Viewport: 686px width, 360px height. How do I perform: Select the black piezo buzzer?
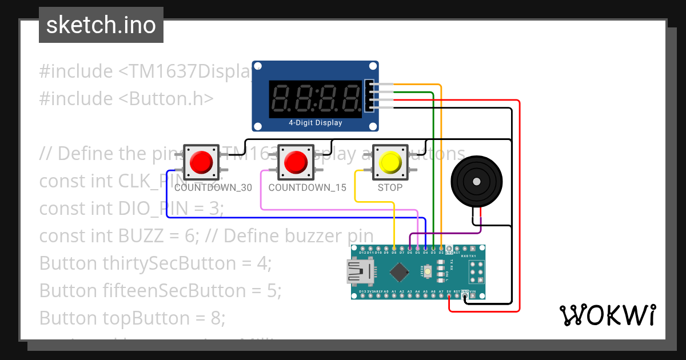coord(475,181)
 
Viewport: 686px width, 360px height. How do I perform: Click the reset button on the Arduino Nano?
coord(428,271)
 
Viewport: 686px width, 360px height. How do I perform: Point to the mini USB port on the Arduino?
coord(359,272)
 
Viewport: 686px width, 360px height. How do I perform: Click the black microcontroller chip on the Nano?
coord(399,271)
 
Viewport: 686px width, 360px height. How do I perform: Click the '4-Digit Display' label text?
coord(316,123)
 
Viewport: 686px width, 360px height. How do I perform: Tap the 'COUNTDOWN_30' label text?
coord(213,187)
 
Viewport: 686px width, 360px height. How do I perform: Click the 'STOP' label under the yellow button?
coord(390,187)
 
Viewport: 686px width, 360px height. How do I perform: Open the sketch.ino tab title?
coord(101,25)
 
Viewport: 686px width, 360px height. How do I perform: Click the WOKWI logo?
coord(607,315)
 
